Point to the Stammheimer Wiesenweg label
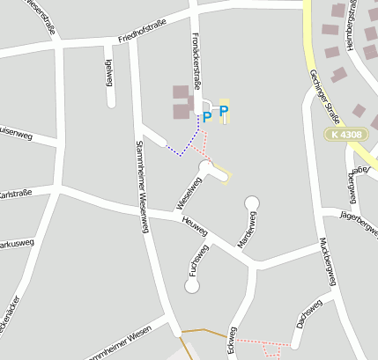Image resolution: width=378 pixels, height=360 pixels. tap(142, 187)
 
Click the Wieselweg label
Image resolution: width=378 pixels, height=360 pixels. tap(189, 192)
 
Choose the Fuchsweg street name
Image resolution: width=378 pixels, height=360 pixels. tap(198, 261)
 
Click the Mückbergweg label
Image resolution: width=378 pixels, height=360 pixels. tap(328, 261)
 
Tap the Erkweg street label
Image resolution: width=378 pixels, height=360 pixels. tap(232, 342)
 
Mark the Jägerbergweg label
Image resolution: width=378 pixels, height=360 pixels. tap(357, 214)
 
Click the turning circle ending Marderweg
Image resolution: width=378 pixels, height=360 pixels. tap(252, 202)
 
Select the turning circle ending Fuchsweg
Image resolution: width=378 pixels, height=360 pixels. tap(192, 286)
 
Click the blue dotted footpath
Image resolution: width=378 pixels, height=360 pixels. tap(185, 148)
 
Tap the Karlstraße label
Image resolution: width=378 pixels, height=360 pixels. tap(15, 194)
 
